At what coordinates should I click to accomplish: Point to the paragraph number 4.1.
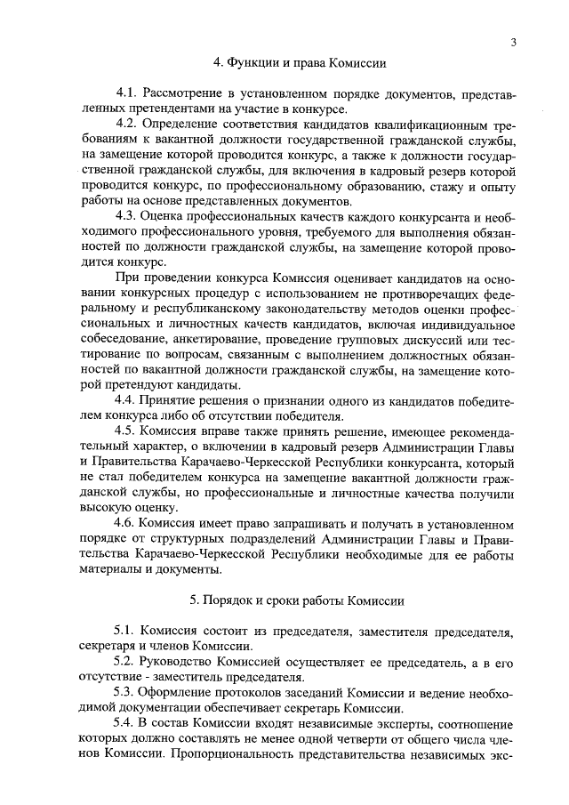[128, 93]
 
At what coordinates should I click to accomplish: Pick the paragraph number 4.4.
[128, 399]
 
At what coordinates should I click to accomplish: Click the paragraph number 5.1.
[128, 632]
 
